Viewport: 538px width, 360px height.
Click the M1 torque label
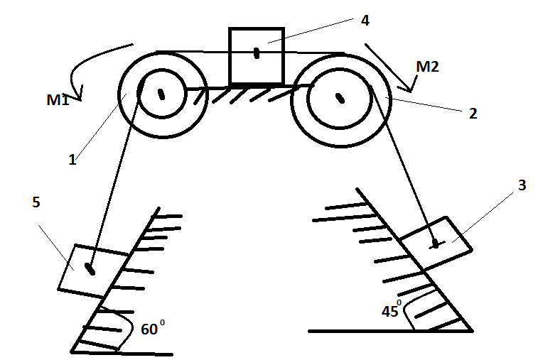tap(58, 100)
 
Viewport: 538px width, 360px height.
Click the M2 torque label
tap(427, 67)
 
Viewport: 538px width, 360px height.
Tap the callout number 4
tap(365, 21)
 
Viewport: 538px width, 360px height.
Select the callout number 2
tap(473, 114)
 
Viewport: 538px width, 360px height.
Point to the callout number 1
tap(72, 160)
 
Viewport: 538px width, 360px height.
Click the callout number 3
tap(522, 185)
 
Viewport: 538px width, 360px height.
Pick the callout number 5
tap(36, 202)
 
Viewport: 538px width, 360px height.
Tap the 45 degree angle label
tap(392, 309)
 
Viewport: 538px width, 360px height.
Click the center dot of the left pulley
tap(161, 94)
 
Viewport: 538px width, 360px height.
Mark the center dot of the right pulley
tap(340, 98)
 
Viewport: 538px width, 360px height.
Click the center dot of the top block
tap(257, 53)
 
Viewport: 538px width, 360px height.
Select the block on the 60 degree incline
tap(93, 271)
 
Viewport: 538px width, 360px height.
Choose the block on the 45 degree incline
tap(436, 244)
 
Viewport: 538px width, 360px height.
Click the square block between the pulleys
tap(257, 56)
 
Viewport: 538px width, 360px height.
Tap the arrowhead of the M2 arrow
tap(409, 90)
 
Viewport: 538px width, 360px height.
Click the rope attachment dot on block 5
tap(90, 269)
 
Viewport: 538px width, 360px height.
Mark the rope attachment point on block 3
tap(436, 245)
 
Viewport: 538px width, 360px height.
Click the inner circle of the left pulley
tap(186, 94)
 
